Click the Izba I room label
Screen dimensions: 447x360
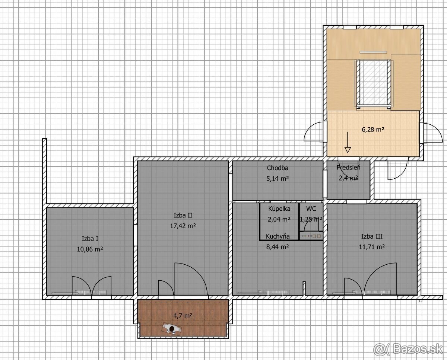(x=90, y=239)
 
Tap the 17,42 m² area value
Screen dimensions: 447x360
(x=183, y=226)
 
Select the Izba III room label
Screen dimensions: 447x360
(x=372, y=236)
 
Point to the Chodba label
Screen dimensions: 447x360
(x=278, y=168)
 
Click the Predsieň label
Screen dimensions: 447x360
(x=349, y=167)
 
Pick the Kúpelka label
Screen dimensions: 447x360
(x=279, y=208)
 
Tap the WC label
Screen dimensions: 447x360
(x=311, y=208)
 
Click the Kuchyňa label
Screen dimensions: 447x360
(x=278, y=236)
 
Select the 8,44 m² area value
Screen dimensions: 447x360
(x=278, y=247)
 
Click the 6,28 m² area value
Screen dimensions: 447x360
(x=373, y=130)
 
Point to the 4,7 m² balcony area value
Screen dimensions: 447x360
(x=183, y=316)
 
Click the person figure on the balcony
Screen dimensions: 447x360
(x=172, y=329)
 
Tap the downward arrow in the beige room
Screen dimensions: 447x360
(x=348, y=142)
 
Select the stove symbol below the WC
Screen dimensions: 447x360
(x=311, y=236)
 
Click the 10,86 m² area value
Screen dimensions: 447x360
(x=90, y=249)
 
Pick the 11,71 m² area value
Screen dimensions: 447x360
(x=372, y=247)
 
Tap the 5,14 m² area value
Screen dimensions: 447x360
(x=278, y=178)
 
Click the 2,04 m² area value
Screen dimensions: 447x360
(x=279, y=219)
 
